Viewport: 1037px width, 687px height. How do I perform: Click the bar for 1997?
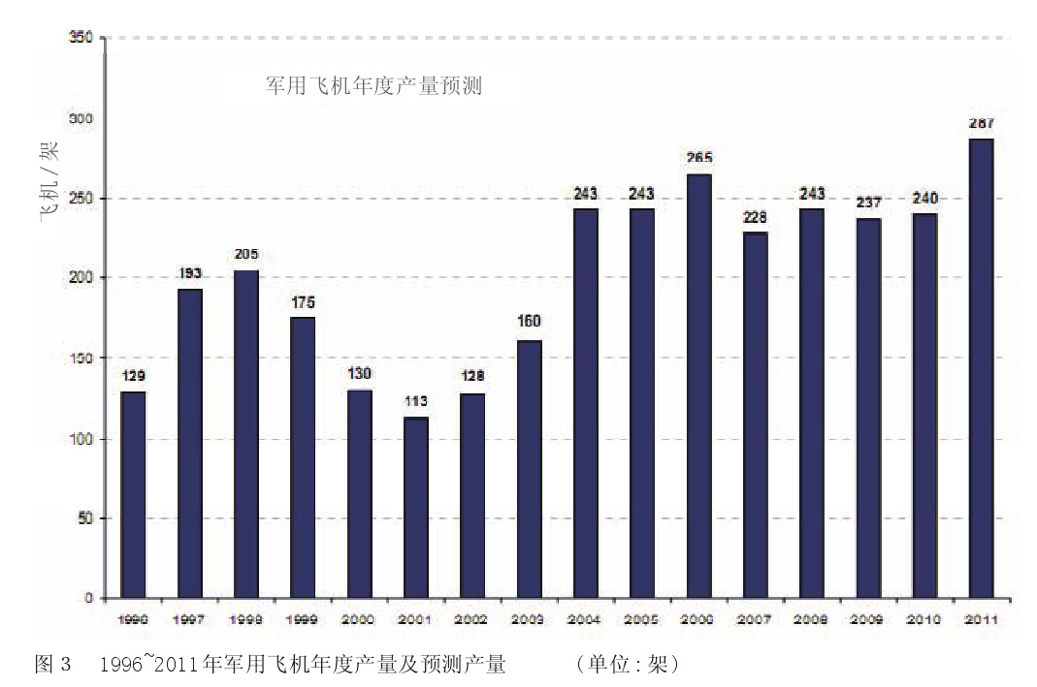189,443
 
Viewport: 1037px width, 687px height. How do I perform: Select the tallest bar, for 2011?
981,368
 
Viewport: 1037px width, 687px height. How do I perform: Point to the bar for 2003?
529,469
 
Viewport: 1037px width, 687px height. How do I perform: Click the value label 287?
981,124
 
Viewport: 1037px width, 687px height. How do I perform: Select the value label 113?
415,401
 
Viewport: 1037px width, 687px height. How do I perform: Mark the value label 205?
245,255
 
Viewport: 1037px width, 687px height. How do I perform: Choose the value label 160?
529,322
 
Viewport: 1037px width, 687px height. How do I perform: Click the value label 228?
755,217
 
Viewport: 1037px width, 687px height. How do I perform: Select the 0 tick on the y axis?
88,598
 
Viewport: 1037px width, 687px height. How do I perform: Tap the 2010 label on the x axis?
924,619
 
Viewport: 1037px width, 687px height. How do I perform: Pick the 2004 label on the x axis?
585,619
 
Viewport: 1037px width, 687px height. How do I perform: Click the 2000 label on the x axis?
359,619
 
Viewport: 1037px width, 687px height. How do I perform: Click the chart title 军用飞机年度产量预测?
374,85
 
